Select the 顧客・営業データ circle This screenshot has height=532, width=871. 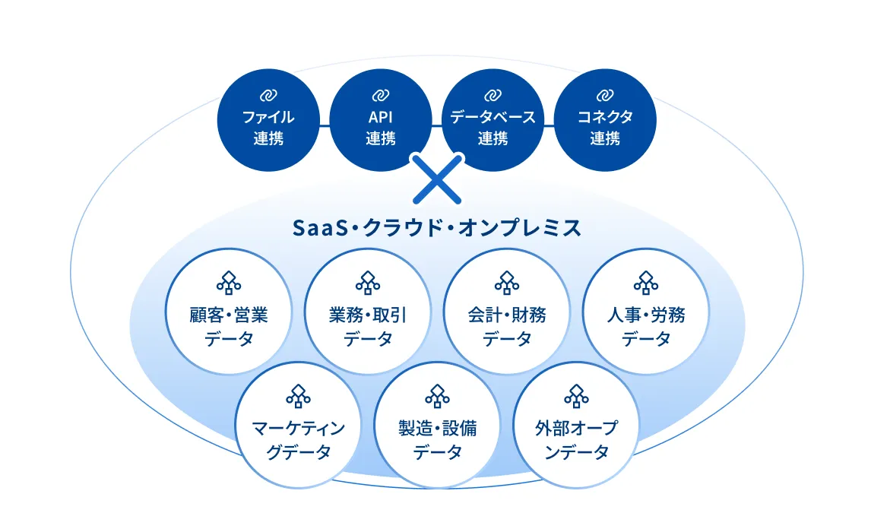229,311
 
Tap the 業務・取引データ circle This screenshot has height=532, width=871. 368,311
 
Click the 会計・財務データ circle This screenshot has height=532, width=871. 507,311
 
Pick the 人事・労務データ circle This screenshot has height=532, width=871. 646,311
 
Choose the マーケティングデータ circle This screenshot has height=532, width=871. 299,425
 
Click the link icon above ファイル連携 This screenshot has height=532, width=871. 268,95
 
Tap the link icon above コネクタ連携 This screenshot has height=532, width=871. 605,95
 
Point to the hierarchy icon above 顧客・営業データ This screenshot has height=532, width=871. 229,282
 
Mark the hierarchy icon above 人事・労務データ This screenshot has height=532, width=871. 645,282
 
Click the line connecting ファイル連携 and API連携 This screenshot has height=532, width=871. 325,125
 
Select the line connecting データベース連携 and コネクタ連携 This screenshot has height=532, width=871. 549,125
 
